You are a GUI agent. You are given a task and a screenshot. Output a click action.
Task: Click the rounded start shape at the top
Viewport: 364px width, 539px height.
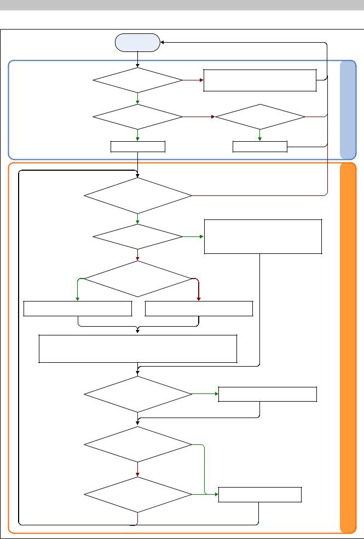[137, 43]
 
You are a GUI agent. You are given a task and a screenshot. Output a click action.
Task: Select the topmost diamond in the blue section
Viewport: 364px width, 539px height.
[137, 81]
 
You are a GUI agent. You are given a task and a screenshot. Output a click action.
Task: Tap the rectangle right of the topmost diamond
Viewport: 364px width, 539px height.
[260, 80]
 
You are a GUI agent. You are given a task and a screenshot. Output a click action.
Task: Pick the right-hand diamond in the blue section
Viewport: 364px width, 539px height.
[260, 117]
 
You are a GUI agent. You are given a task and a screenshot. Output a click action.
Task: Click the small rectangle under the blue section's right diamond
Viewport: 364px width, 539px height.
[260, 147]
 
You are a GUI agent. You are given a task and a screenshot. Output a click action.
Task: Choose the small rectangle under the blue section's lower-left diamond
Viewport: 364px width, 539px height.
[137, 147]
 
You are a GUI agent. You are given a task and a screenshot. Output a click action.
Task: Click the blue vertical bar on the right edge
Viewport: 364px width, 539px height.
[348, 109]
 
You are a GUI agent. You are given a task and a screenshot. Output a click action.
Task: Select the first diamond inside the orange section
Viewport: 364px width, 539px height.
[137, 195]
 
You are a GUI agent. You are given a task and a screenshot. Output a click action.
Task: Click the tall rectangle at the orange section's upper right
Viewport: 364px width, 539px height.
[263, 236]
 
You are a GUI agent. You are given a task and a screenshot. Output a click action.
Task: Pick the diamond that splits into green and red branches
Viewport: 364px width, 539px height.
[137, 279]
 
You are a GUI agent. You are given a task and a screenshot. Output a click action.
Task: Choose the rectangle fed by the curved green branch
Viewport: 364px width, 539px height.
[77, 309]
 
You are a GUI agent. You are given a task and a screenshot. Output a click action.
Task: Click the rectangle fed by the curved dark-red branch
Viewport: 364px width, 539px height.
[199, 309]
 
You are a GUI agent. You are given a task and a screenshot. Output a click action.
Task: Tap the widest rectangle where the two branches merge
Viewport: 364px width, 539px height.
[137, 349]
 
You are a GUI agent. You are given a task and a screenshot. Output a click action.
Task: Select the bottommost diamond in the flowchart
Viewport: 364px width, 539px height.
[137, 495]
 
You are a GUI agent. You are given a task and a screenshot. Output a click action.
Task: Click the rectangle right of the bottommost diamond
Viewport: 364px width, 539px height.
[260, 495]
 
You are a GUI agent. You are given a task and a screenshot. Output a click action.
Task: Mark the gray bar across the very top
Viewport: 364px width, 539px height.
[182, 5]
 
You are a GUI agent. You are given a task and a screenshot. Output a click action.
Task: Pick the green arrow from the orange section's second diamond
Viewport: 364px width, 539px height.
[193, 237]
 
